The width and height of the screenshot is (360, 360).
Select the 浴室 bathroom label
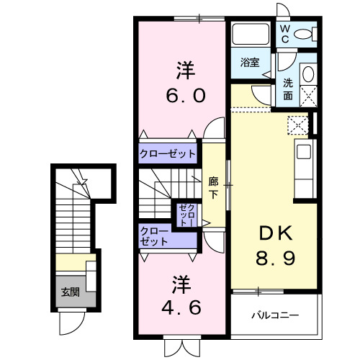(249, 62)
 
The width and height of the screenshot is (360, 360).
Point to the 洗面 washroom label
(287, 88)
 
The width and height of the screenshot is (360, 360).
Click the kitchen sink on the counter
(303, 153)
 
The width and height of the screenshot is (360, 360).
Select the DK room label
(274, 233)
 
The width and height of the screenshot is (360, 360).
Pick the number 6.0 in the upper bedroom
(186, 94)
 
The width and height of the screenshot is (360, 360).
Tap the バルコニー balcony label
(274, 315)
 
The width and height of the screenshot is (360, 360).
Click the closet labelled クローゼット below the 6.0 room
(168, 153)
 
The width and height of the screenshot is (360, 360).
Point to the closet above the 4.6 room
(155, 236)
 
